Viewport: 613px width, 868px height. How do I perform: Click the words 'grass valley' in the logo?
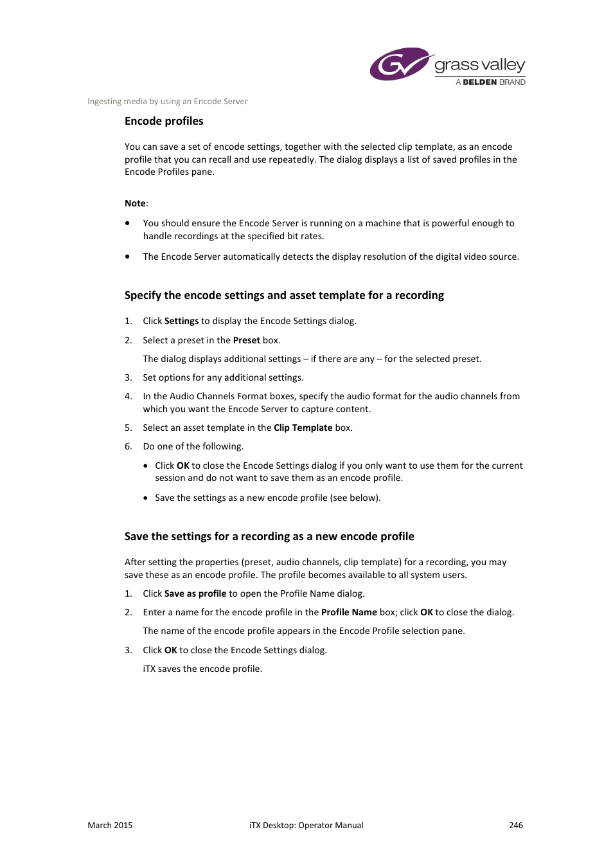[x=479, y=65]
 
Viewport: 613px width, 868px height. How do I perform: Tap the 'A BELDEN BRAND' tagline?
[x=490, y=82]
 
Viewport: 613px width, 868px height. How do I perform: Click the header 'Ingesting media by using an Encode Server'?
[x=167, y=102]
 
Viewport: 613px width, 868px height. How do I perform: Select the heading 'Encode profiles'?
[x=164, y=121]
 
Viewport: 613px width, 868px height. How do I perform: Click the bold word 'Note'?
[x=135, y=203]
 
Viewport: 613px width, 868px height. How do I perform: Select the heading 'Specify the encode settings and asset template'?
[x=284, y=295]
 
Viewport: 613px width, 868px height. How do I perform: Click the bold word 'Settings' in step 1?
[x=181, y=321]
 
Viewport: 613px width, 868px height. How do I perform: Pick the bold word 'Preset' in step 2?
[x=246, y=340]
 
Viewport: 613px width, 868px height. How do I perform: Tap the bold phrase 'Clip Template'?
[x=303, y=428]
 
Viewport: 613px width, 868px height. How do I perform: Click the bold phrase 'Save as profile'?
[x=195, y=593]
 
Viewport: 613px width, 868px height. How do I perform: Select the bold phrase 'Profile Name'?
[x=349, y=612]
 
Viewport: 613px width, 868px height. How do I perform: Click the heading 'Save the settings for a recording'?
[x=269, y=536]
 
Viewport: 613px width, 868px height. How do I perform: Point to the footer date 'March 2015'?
[x=110, y=825]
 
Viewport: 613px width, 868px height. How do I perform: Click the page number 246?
[x=515, y=825]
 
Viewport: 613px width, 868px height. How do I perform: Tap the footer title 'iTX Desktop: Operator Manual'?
[x=306, y=825]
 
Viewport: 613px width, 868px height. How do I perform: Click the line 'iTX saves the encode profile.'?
[x=202, y=669]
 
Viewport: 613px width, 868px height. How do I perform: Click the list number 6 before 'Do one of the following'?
[x=128, y=446]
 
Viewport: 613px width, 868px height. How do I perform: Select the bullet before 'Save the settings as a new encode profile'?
[x=146, y=498]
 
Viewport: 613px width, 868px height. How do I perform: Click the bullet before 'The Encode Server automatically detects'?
[x=127, y=257]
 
